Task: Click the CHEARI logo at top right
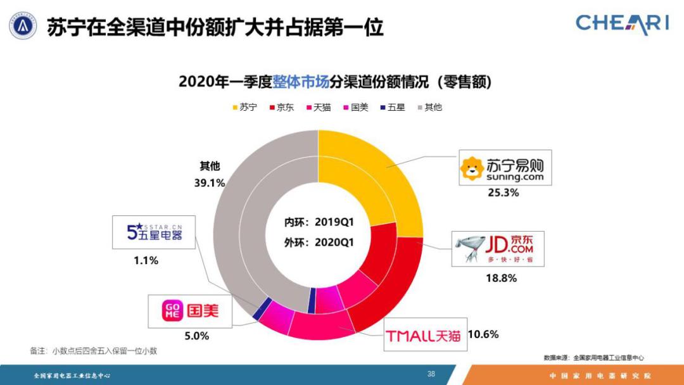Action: coord(622,23)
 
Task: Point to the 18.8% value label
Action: coord(501,277)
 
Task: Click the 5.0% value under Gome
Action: coord(197,336)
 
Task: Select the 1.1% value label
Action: coord(145,260)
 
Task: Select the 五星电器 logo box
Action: coord(154,231)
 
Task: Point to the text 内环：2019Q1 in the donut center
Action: coord(318,223)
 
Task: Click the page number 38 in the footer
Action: coord(431,374)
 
